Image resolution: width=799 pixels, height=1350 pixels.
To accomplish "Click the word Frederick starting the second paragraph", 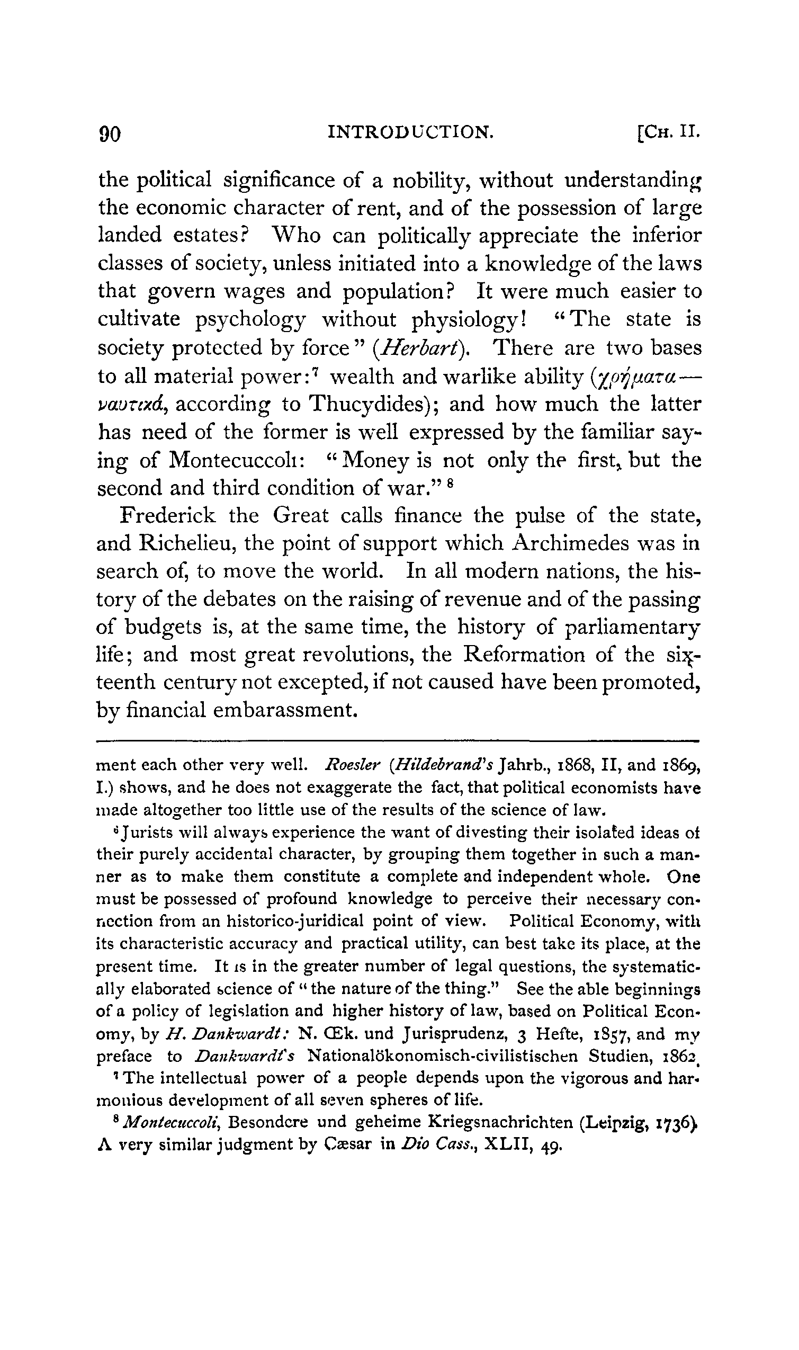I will click(168, 515).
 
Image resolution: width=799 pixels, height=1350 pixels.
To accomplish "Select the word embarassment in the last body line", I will click(285, 710).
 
